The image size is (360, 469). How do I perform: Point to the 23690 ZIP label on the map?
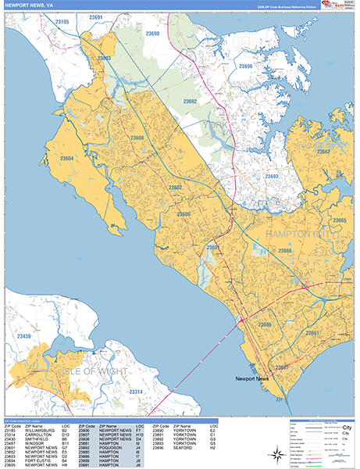[x=151, y=34]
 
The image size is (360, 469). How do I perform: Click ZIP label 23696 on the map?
[x=245, y=67]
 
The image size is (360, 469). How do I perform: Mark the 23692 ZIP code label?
[x=190, y=102]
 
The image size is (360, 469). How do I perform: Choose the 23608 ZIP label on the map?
[x=137, y=138]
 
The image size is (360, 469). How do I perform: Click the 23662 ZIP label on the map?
[x=323, y=152]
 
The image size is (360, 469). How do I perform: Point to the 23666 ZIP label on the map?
[x=285, y=251]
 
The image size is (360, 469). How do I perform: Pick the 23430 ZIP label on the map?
[x=24, y=337]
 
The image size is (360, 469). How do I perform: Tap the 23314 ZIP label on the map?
[x=135, y=391]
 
